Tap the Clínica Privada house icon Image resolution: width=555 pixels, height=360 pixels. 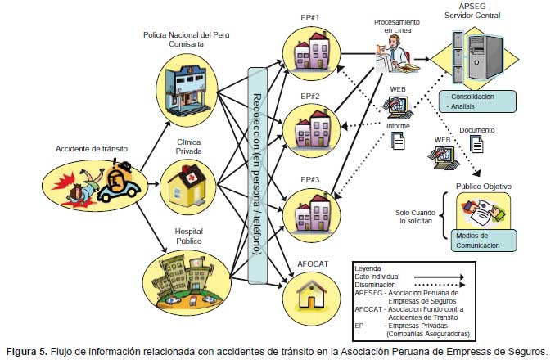(187, 182)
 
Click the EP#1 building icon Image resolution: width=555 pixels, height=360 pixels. (307, 53)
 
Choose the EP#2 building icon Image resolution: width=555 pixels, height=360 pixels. (307, 127)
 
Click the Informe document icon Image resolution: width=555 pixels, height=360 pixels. (399, 142)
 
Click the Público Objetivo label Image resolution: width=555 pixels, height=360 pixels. (483, 187)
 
